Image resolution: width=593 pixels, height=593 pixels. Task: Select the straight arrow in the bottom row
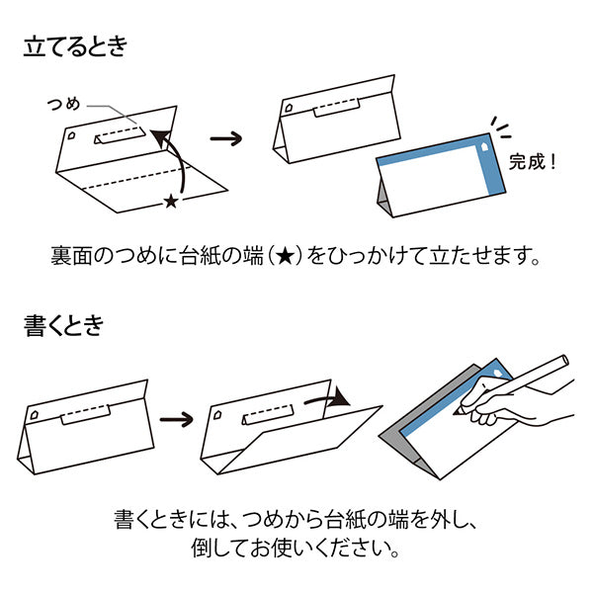177,420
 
